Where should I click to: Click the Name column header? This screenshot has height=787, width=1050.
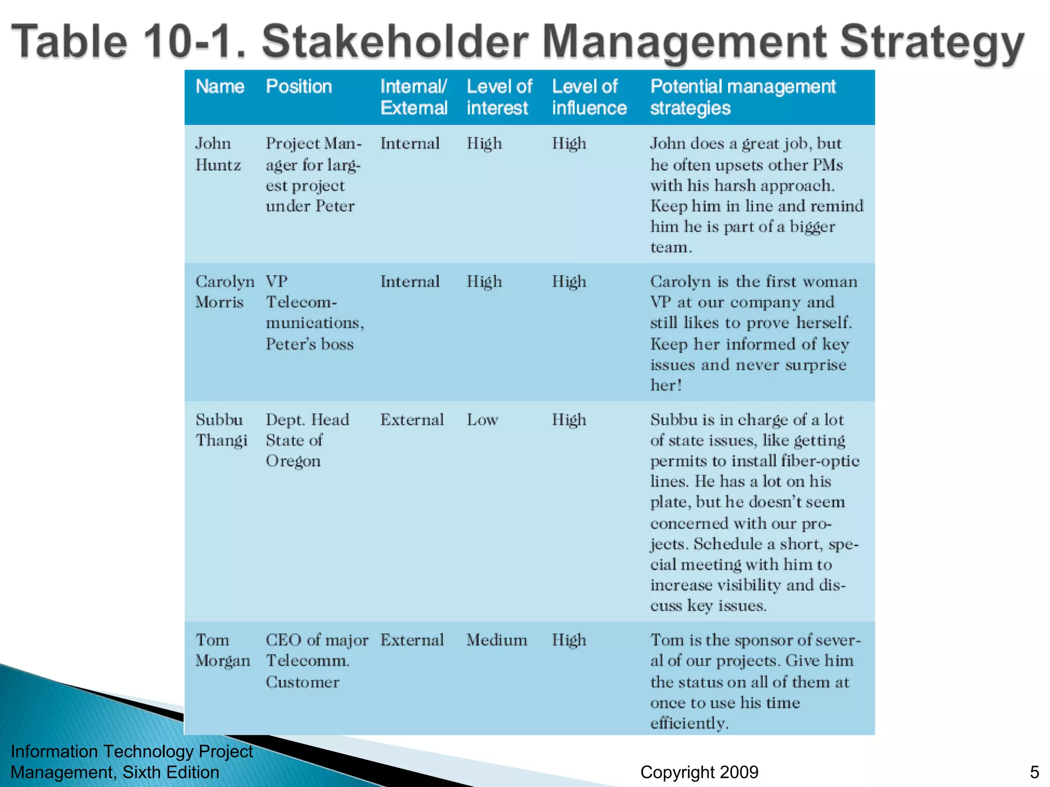coord(219,87)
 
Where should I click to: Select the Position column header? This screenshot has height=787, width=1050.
coord(298,87)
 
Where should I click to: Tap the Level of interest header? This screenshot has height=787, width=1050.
coord(499,97)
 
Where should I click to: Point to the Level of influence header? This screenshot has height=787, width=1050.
coord(589,97)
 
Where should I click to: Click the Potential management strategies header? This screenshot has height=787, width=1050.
coord(742,97)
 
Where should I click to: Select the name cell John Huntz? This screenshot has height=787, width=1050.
coord(217,154)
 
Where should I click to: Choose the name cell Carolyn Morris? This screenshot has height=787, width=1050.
coord(224,292)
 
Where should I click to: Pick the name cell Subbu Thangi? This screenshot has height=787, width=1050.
coord(221,430)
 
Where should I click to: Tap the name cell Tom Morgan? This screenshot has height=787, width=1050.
coord(223,650)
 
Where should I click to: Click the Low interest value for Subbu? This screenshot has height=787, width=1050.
coord(482,420)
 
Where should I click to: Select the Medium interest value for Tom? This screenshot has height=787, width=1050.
coord(496,640)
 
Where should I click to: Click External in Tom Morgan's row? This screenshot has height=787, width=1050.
coord(412,640)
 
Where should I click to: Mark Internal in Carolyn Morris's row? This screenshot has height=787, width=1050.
coord(410,282)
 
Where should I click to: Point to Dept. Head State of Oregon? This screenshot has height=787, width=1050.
coord(307,440)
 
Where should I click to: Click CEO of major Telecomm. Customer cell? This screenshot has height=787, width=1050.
coord(316,661)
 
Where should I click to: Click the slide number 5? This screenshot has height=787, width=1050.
coord(1034,772)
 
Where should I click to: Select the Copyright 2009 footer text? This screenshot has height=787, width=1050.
coord(699,772)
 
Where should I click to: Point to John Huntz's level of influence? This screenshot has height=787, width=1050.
coord(569,144)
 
